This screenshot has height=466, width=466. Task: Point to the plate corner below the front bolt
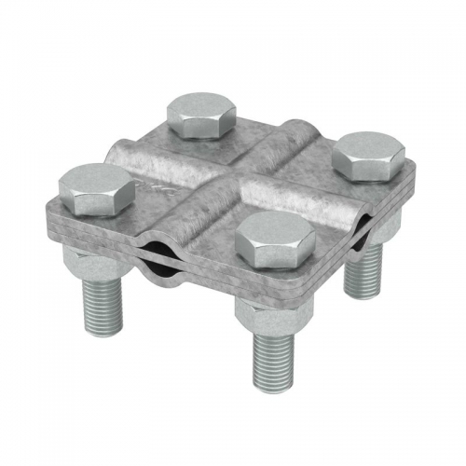click(x=270, y=296)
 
